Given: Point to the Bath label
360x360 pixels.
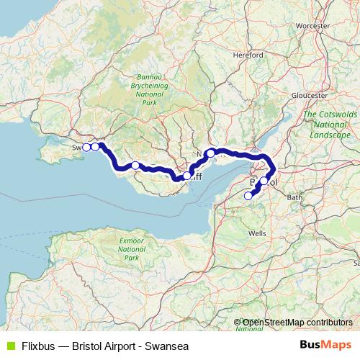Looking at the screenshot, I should [293, 197].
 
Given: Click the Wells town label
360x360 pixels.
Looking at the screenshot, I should [257, 233].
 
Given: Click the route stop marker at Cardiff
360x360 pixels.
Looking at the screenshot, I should [187, 176].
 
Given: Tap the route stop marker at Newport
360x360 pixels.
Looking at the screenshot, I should [211, 153].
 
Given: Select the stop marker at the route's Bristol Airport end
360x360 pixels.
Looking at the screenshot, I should [248, 195].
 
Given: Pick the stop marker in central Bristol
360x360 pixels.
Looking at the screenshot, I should [264, 181].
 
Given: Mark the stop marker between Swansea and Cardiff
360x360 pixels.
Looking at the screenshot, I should [135, 166].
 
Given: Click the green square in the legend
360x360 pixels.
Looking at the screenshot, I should [8, 346].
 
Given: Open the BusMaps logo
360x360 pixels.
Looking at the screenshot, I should [325, 346].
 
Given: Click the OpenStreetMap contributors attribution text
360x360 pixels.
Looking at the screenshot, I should [297, 323].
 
